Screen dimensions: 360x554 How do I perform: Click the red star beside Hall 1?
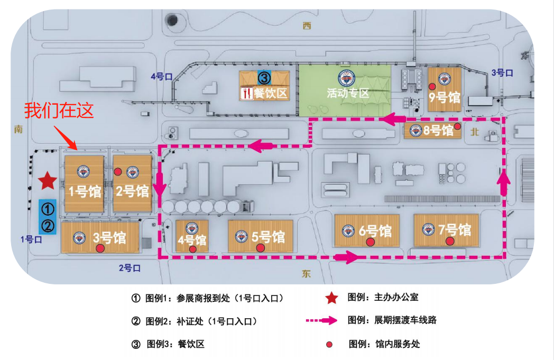pos(48,181)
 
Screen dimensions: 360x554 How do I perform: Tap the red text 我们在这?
pos(59,110)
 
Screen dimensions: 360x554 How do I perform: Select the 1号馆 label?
pos(84,191)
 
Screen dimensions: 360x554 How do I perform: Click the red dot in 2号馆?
pos(118,171)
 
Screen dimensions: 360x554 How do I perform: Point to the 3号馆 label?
pos(109,237)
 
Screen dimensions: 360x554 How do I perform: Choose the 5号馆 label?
pos(268,236)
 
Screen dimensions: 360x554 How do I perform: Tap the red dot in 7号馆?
pos(449,242)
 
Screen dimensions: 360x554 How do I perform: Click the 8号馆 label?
pos(438,130)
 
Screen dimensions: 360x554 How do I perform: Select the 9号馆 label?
pos(444,98)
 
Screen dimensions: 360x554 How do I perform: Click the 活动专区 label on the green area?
pos(347,94)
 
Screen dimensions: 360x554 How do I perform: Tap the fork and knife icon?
pos(246,94)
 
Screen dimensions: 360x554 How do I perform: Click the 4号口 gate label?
pos(162,76)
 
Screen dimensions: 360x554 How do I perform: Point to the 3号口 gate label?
pos(502,73)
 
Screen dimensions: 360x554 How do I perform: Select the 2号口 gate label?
pos(130,268)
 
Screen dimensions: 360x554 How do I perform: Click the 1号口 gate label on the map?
pos(31,239)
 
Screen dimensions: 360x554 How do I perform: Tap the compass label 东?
pos(307,274)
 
